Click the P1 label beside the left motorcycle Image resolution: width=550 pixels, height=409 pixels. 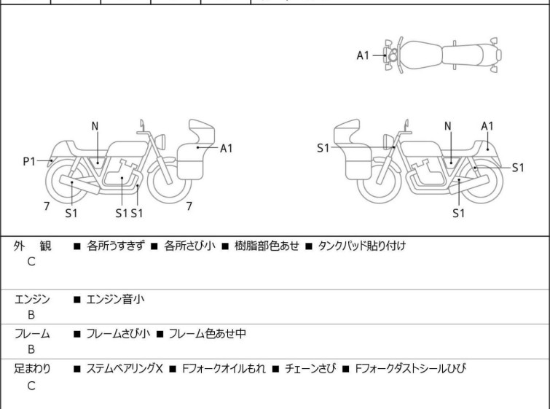(29, 162)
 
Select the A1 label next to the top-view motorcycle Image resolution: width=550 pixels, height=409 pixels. (363, 55)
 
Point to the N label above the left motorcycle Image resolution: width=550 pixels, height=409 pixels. (95, 126)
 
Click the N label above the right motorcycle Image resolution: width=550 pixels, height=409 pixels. (447, 126)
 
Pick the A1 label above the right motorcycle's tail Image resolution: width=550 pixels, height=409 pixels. (487, 126)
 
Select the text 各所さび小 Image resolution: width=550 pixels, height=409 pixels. (189, 246)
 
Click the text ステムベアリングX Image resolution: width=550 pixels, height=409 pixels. (125, 369)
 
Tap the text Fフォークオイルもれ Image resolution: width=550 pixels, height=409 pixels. (224, 369)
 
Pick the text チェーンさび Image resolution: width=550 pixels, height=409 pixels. (310, 369)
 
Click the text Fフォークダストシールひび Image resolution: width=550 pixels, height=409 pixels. (409, 369)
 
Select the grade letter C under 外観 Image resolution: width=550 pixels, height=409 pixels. (31, 262)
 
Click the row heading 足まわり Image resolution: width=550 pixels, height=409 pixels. (33, 369)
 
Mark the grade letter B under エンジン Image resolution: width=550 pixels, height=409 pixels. (31, 314)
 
